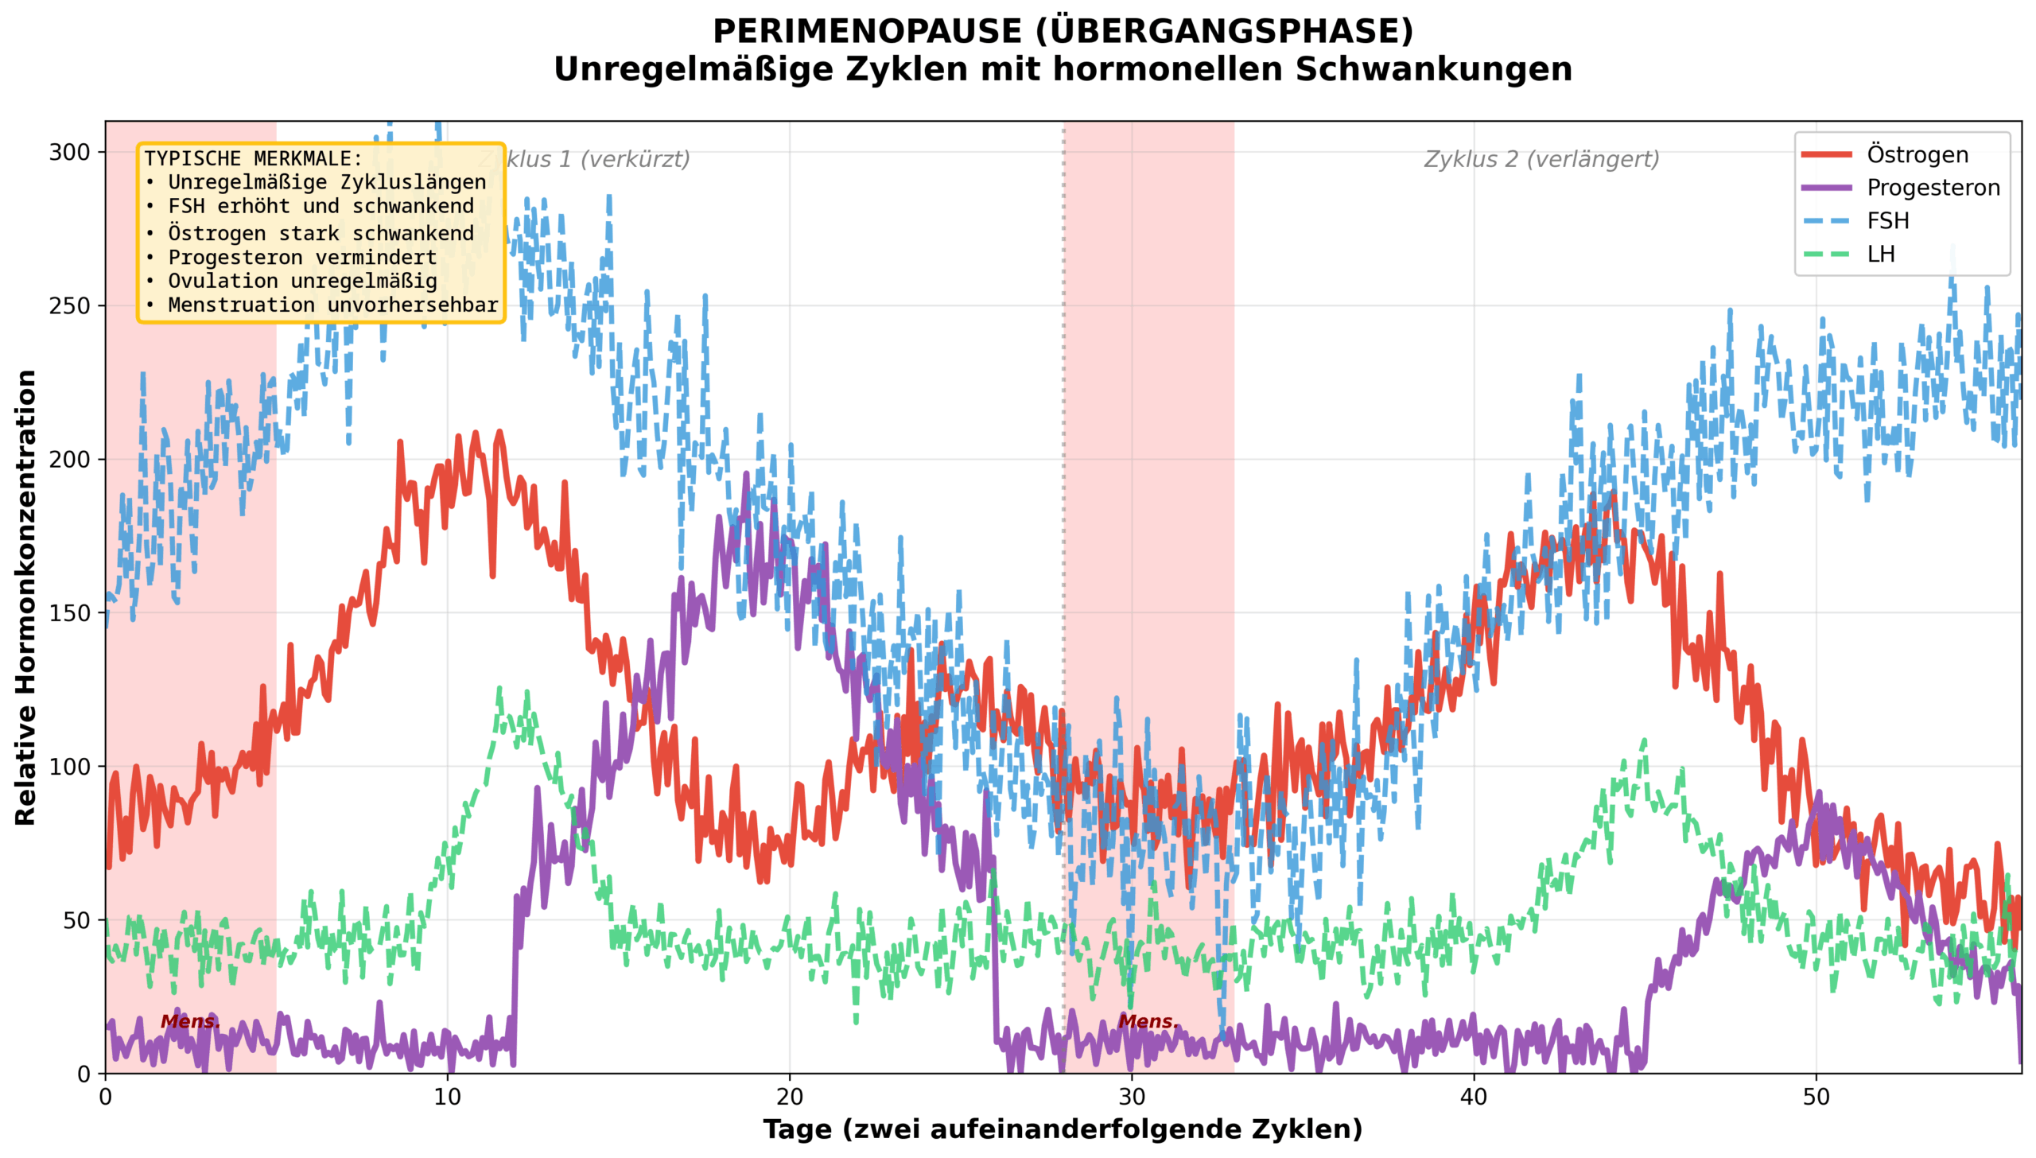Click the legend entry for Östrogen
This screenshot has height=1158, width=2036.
click(x=1917, y=154)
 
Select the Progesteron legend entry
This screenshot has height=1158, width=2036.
click(x=1933, y=188)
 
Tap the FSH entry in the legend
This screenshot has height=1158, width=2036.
click(x=1887, y=221)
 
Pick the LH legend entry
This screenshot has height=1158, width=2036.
click(x=1881, y=255)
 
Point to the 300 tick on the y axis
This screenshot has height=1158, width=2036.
click(x=70, y=152)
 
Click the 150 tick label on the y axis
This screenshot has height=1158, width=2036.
click(x=70, y=613)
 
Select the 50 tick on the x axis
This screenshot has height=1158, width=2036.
click(x=1816, y=1098)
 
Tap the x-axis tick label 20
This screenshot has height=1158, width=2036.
click(x=790, y=1098)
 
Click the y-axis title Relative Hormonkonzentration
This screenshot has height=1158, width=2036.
click(x=25, y=597)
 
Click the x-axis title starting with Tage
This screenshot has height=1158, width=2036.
click(x=1063, y=1129)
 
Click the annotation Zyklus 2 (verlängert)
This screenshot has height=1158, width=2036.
click(x=1541, y=159)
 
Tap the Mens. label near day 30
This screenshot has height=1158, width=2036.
click(x=1148, y=1021)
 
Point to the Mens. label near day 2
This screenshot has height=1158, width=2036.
click(x=190, y=1021)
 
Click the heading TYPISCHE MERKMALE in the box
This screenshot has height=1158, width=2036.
click(x=253, y=158)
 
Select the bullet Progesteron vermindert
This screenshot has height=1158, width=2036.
click(x=302, y=258)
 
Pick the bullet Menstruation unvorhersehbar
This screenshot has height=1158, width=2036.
click(x=332, y=305)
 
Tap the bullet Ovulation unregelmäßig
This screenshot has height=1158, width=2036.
click(x=302, y=282)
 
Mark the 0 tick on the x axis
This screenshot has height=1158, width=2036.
click(x=106, y=1098)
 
